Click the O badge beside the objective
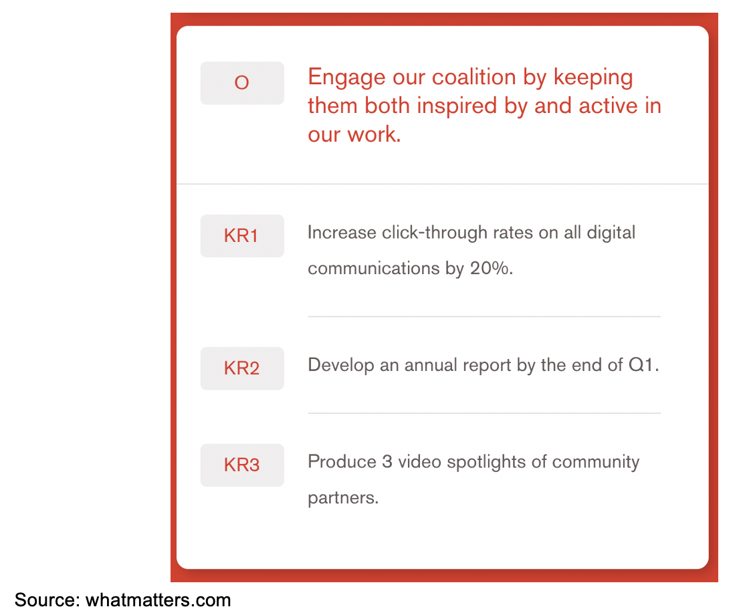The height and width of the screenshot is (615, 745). coord(242,83)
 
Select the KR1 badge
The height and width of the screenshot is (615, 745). coord(242,236)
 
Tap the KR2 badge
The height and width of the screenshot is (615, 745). coord(242,368)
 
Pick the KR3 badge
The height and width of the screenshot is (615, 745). coord(242,465)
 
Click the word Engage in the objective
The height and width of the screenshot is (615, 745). coord(346,78)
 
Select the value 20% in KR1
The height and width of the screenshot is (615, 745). coord(490,268)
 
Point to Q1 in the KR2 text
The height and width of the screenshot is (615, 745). coord(641,365)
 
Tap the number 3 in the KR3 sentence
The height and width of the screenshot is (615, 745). coord(387,462)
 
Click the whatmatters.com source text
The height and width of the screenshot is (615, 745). coord(158,600)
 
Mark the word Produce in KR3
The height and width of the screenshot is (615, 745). coord(342,462)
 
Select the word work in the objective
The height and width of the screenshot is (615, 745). coord(372,134)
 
